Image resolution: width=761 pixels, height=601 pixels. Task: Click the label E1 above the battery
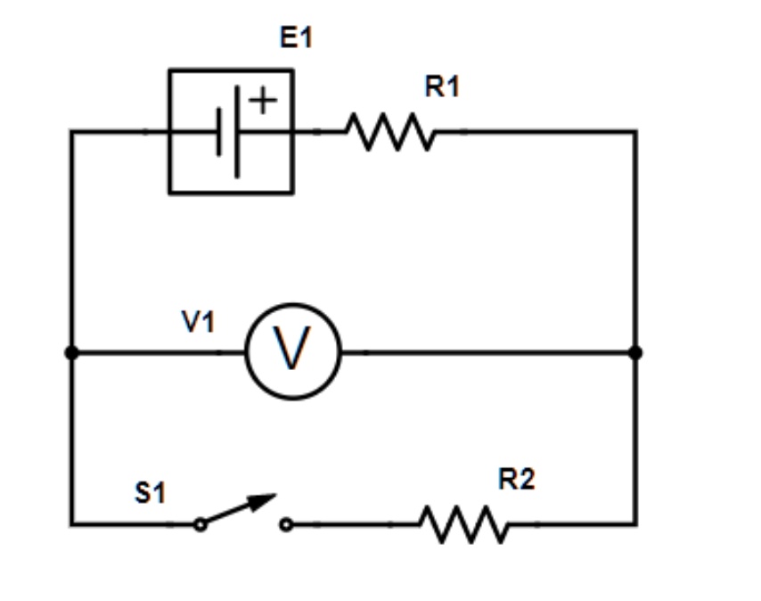pyautogui.click(x=296, y=38)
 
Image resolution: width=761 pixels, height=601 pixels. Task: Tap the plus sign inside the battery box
pyautogui.click(x=263, y=101)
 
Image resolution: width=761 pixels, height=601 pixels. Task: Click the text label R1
pyautogui.click(x=442, y=87)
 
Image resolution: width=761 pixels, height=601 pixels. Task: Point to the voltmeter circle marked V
pyautogui.click(x=293, y=351)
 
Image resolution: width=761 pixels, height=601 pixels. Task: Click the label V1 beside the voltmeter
pyautogui.click(x=199, y=323)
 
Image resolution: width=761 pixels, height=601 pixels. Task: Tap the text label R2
pyautogui.click(x=516, y=480)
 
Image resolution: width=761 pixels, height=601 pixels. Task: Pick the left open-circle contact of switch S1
pyautogui.click(x=200, y=525)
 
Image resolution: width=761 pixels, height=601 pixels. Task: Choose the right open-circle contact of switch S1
pyautogui.click(x=285, y=525)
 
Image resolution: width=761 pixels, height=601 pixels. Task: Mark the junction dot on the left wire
pyautogui.click(x=72, y=353)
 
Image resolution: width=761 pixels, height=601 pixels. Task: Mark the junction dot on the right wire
pyautogui.click(x=635, y=353)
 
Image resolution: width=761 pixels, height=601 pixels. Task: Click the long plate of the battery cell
pyautogui.click(x=237, y=131)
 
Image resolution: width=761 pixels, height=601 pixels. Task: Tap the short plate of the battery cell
pyautogui.click(x=218, y=132)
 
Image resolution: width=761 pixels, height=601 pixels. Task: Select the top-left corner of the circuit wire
pyautogui.click(x=72, y=132)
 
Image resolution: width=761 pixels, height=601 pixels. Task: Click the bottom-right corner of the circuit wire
pyautogui.click(x=635, y=524)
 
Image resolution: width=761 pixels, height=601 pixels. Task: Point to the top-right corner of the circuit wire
pyautogui.click(x=635, y=132)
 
